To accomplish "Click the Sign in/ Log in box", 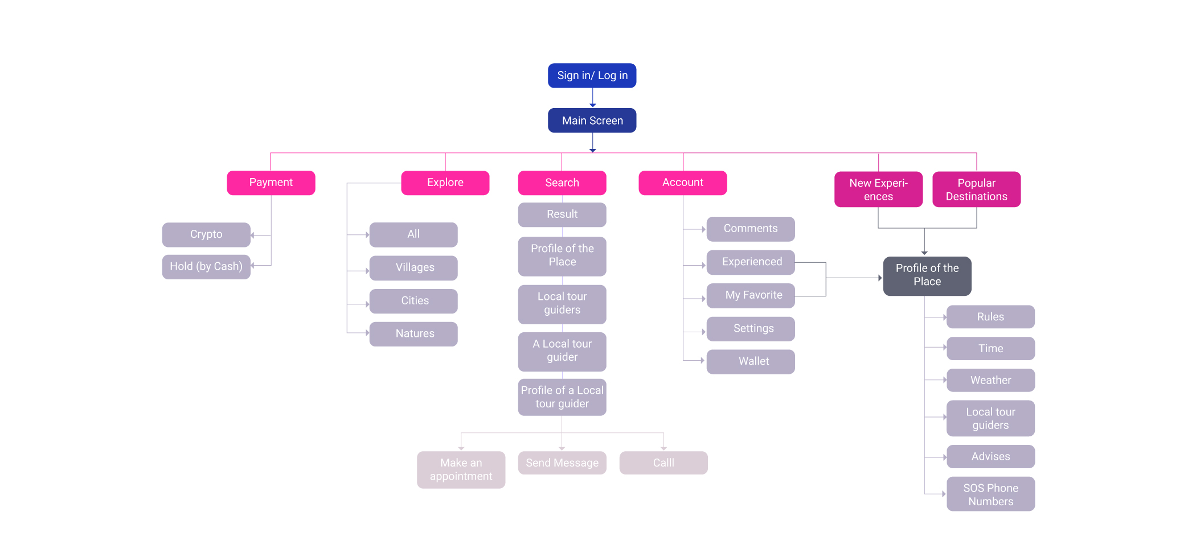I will pos(592,76).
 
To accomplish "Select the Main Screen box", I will pos(592,121).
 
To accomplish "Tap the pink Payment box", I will pos(271,183).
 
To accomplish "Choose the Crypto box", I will pos(206,234).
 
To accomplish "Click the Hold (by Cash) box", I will pos(206,266).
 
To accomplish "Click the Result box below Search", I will pos(562,214).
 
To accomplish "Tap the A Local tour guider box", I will pos(562,351).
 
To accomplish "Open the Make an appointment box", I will pos(461,470).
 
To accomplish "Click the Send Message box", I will pos(562,463).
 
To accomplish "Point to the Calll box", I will pos(663,463).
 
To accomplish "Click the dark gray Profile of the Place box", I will pos(927,275).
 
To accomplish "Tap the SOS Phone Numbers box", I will pos(990,494).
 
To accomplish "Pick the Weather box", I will pos(990,380).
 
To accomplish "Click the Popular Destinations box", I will pos(976,189).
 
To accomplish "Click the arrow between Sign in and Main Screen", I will pos(592,98).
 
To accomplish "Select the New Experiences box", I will pos(878,189).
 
